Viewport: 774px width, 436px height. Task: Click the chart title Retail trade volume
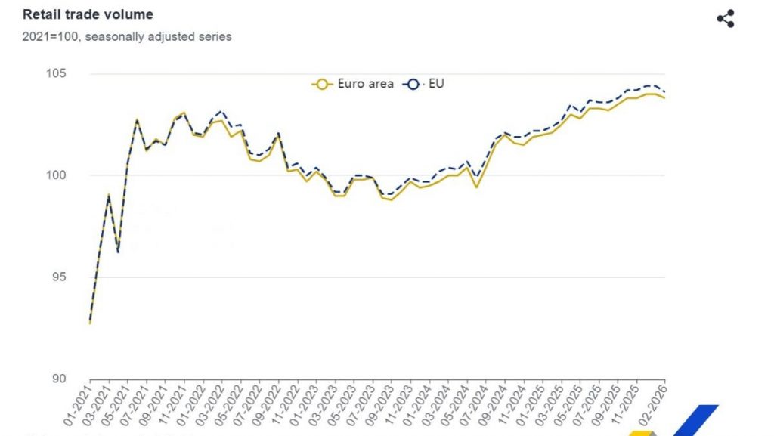tap(88, 14)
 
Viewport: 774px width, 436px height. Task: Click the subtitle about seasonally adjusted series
tap(127, 36)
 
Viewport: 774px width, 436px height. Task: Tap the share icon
tap(725, 19)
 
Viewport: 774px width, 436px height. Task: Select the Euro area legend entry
tap(353, 84)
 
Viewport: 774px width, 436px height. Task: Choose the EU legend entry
tap(425, 84)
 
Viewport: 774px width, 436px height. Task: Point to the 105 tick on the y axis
tap(57, 73)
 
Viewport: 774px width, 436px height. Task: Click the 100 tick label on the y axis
tap(57, 175)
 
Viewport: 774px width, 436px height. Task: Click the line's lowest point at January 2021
tap(90, 323)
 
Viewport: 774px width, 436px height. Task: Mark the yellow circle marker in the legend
tap(322, 85)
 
